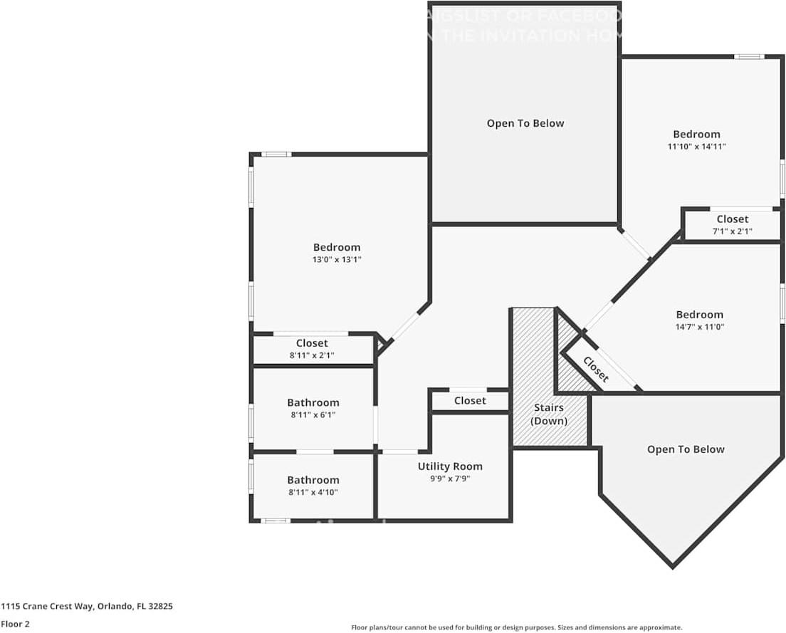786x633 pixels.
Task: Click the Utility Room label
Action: (450, 466)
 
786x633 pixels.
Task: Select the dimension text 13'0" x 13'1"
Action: (337, 260)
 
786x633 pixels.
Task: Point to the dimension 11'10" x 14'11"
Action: (696, 147)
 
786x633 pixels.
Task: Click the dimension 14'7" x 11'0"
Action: (699, 327)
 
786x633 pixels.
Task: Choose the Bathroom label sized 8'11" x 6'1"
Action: (313, 402)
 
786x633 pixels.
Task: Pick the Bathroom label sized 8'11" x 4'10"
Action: (313, 480)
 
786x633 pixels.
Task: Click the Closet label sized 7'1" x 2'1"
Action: (732, 219)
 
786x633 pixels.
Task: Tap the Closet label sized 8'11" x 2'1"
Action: (312, 343)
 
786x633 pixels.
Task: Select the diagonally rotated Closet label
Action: (596, 370)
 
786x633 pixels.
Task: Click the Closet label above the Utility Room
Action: (470, 401)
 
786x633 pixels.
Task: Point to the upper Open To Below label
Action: (525, 123)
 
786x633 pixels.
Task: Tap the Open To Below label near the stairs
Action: (686, 449)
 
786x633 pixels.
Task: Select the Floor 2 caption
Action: (15, 624)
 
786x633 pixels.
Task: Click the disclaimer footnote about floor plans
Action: (516, 627)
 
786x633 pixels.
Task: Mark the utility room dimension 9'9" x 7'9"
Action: (450, 478)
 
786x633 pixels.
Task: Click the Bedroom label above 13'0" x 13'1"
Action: (337, 247)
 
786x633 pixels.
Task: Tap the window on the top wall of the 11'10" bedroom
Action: (749, 57)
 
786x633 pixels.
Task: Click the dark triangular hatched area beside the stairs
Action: (569, 363)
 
